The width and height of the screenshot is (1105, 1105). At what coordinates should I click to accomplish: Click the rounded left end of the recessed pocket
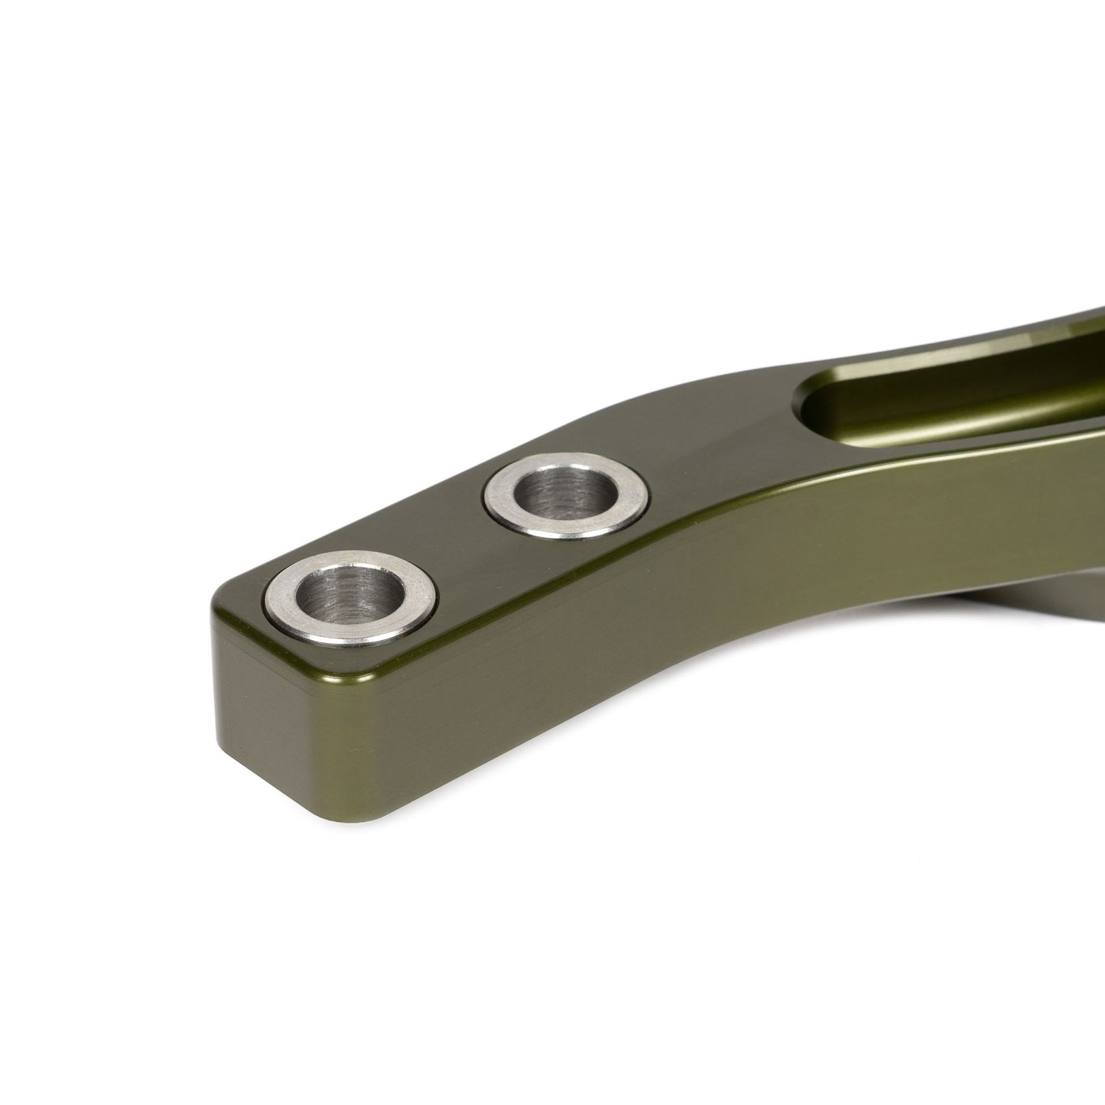tap(811, 405)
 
